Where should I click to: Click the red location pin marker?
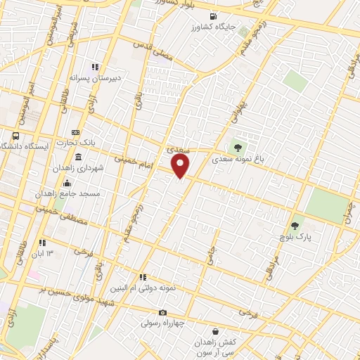coord(181,166)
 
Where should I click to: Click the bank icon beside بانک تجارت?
coord(76,132)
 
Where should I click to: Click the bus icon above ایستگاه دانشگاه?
coord(15,136)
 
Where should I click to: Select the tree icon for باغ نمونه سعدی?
coord(238,148)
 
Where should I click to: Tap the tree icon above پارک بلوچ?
coord(295,226)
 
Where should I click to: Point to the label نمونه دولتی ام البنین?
coord(132,288)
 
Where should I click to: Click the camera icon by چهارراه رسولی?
coord(162,312)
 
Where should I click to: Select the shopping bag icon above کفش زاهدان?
coord(214,330)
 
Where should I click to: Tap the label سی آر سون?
coord(215,352)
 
